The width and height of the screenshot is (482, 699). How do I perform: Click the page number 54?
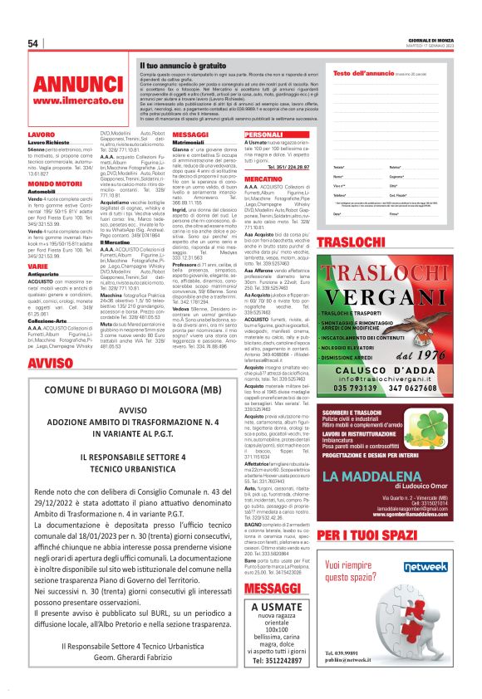pos(34,43)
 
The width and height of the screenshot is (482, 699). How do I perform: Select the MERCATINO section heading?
pos(264,178)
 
